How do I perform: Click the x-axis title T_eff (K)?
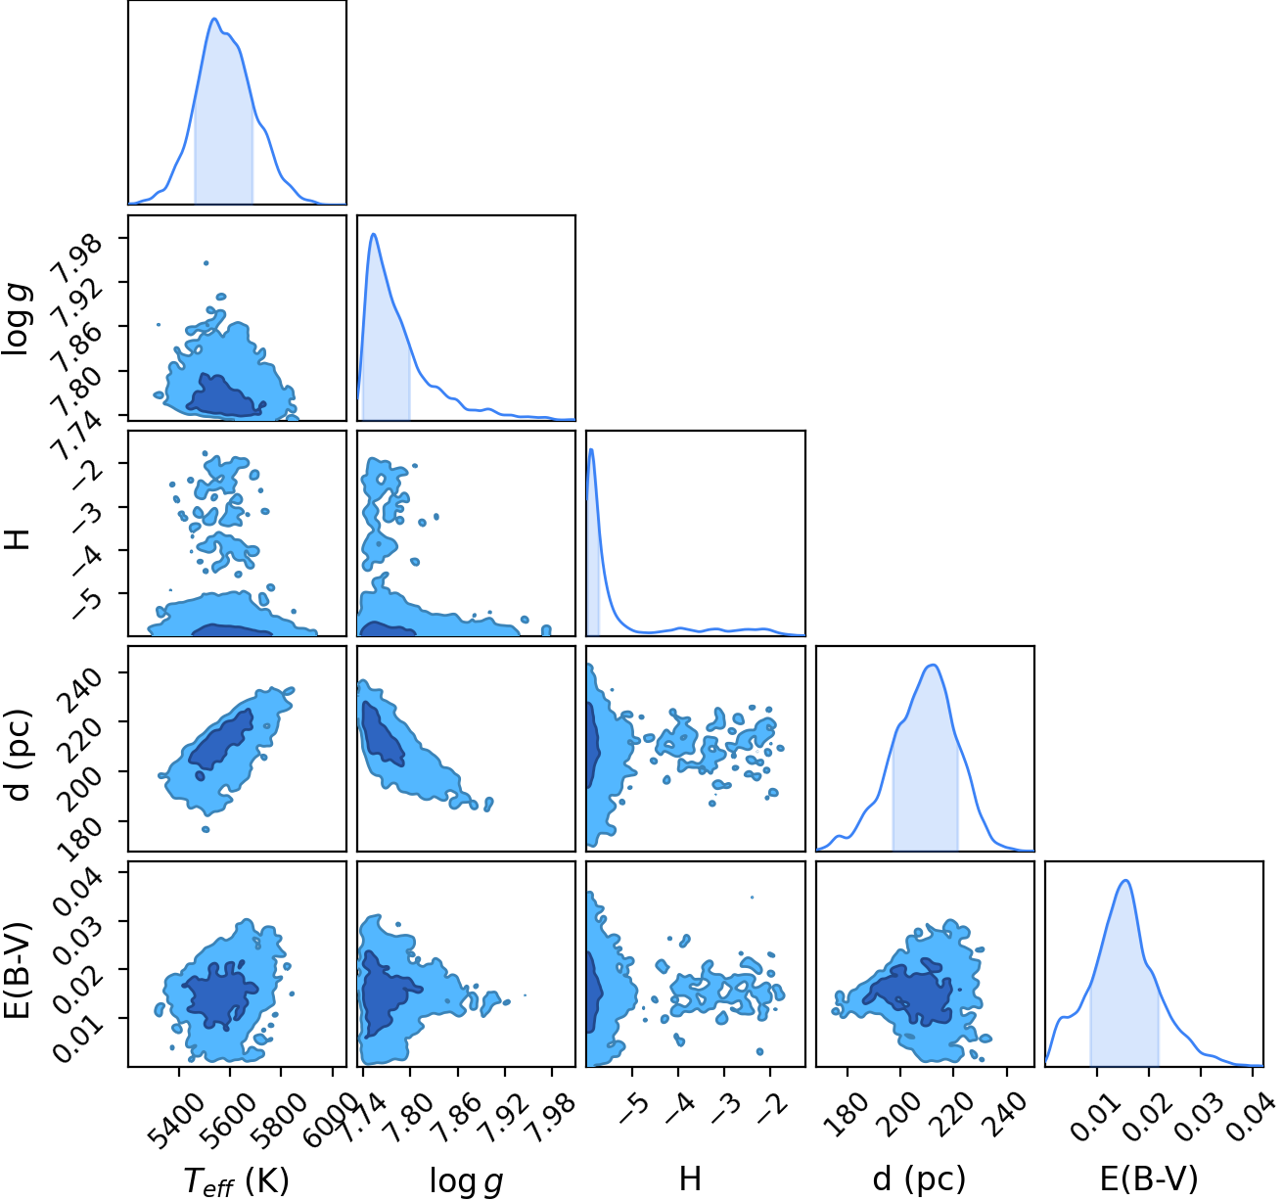point(237,1180)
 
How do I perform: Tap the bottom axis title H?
point(690,1178)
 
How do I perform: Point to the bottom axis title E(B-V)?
point(1149,1179)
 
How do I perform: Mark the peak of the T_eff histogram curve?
point(213,19)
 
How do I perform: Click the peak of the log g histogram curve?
point(374,234)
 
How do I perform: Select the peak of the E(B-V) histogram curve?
point(1124,880)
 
